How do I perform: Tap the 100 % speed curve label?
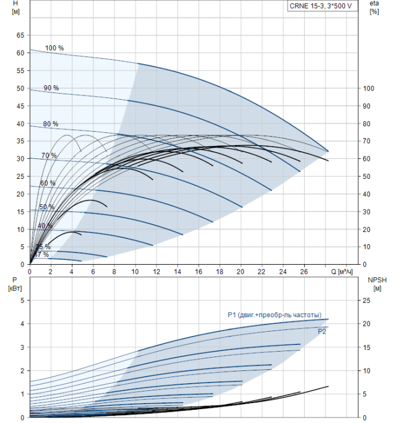point(54,48)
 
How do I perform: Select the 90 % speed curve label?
point(51,88)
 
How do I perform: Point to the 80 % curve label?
point(51,124)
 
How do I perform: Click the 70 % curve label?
point(49,156)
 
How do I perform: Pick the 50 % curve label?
point(46,207)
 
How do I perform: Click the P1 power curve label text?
point(274,314)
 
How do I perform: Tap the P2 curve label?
point(322,331)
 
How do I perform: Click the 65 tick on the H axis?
point(19,35)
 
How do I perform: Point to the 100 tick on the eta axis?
point(368,88)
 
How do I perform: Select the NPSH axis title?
point(375,284)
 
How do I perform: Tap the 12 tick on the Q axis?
point(156,271)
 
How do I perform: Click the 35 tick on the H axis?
point(19,141)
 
